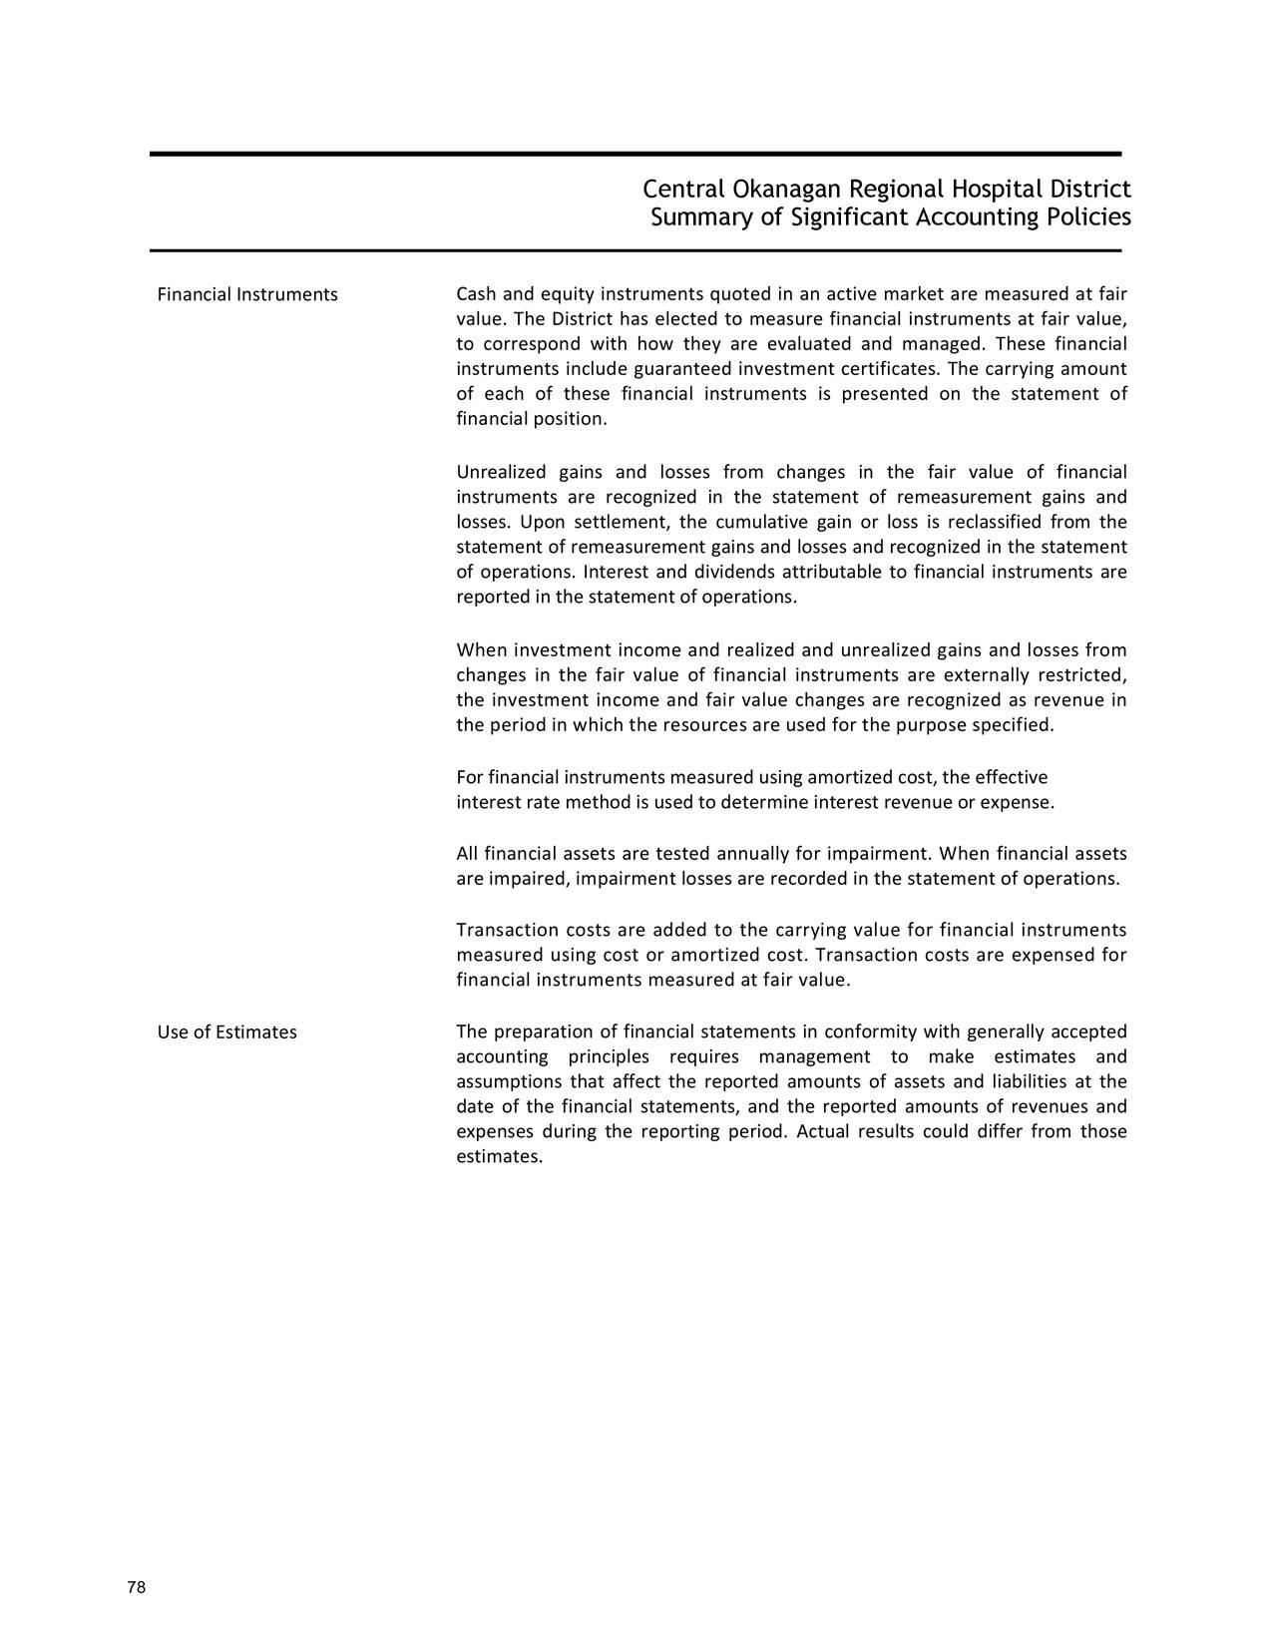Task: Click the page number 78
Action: [137, 1588]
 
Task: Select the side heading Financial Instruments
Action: [247, 294]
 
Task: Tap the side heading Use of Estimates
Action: [226, 1031]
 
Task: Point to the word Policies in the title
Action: [1084, 217]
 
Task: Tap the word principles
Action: [609, 1056]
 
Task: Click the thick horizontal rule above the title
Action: [636, 154]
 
